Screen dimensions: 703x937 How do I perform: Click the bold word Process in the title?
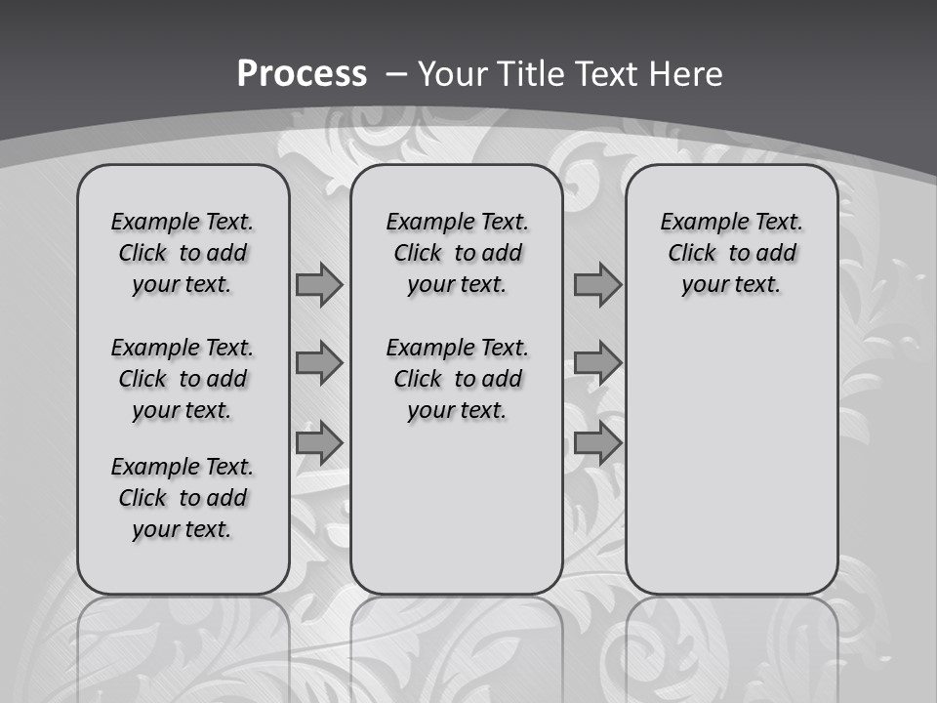(302, 74)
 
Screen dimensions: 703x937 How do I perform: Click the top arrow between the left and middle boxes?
(319, 284)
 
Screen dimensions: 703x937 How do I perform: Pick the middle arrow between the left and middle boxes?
(319, 363)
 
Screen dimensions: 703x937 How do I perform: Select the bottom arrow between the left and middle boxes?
(319, 443)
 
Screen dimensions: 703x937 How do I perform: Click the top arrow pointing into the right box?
(597, 284)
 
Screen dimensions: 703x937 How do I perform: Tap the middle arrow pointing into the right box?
(597, 363)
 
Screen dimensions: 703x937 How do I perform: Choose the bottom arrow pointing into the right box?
(597, 443)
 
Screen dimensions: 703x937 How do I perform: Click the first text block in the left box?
(183, 253)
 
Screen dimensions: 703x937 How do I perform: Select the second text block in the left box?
(183, 379)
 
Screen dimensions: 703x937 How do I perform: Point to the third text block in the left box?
(183, 498)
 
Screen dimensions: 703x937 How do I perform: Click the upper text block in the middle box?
(457, 253)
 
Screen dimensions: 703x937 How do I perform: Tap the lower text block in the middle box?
(457, 379)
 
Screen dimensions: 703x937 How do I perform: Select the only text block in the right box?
(731, 253)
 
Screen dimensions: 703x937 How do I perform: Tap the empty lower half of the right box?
(731, 469)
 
